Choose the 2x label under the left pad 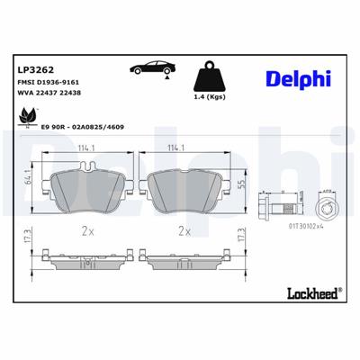[x=86, y=231]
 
